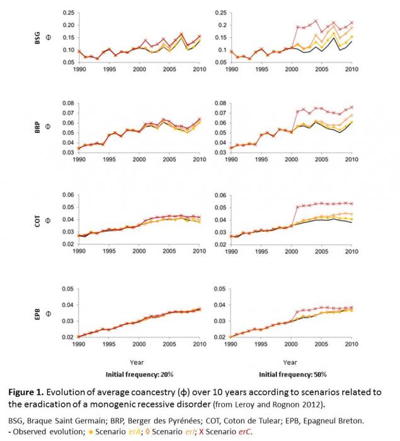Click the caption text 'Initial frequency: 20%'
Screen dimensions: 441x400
tap(137, 372)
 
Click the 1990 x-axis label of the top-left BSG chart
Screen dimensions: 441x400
tap(79, 69)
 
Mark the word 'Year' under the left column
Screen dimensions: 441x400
tap(137, 362)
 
